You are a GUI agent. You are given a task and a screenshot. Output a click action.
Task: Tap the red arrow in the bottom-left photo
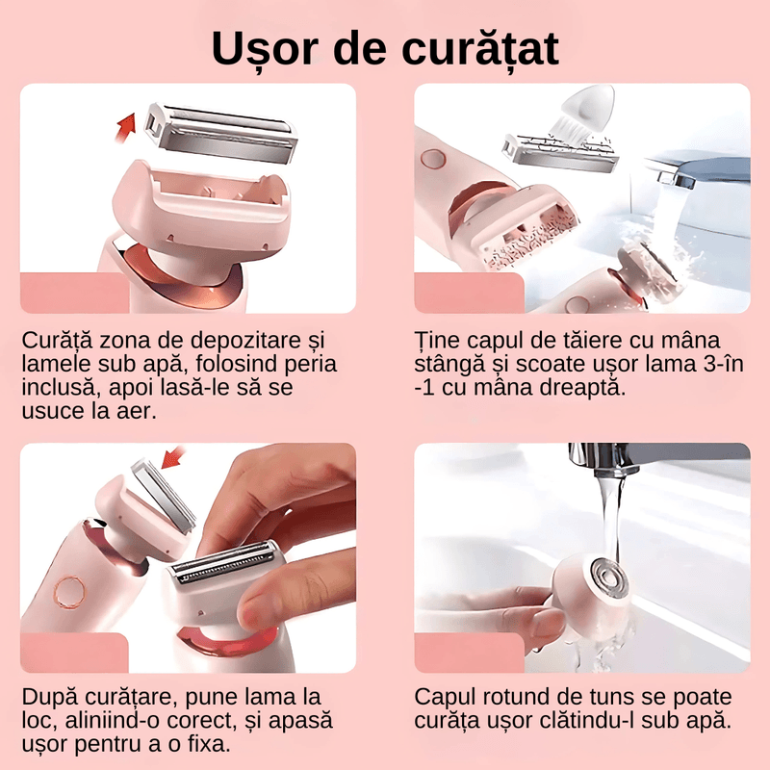173,453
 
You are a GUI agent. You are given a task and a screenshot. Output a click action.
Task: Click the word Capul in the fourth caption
445,697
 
